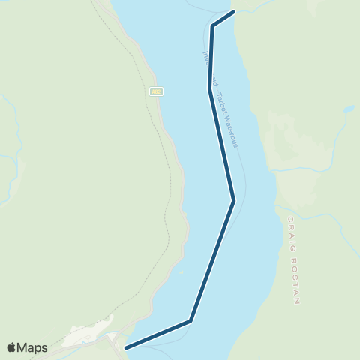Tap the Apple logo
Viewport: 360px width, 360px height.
(11, 347)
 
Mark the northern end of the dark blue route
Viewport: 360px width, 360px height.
(235, 12)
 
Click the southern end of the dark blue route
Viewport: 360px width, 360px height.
(126, 347)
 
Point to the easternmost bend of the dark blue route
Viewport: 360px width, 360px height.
(234, 200)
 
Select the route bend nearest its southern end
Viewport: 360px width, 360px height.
(190, 321)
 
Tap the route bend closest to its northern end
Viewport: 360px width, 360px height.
(213, 26)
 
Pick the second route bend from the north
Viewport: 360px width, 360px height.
(208, 89)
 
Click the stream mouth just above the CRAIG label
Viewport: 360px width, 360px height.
(279, 209)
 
